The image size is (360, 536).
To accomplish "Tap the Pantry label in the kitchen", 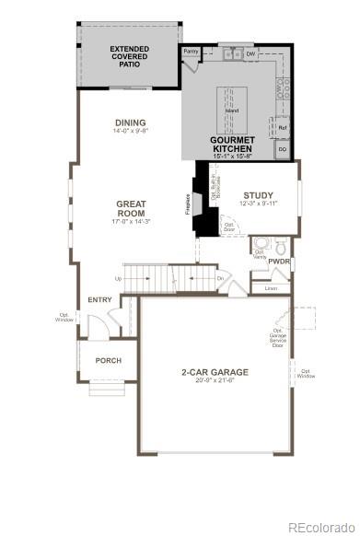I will click(192, 52).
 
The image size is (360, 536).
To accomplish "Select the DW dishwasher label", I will click(250, 54).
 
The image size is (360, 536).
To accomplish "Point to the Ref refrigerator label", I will click(284, 127).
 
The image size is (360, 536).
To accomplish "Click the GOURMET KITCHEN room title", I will click(232, 144).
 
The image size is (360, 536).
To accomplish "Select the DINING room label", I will click(131, 122).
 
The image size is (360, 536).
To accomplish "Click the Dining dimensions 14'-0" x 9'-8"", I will click(131, 131).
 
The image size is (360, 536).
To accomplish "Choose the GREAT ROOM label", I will click(132, 208).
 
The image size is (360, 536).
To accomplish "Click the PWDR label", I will click(279, 262).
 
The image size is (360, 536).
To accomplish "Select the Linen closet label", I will click(271, 288).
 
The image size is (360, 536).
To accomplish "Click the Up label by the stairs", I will click(118, 277).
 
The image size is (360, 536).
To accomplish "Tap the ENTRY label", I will click(99, 300).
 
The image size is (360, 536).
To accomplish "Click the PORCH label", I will click(109, 360).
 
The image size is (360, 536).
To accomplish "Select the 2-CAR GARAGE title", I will click(215, 372).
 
